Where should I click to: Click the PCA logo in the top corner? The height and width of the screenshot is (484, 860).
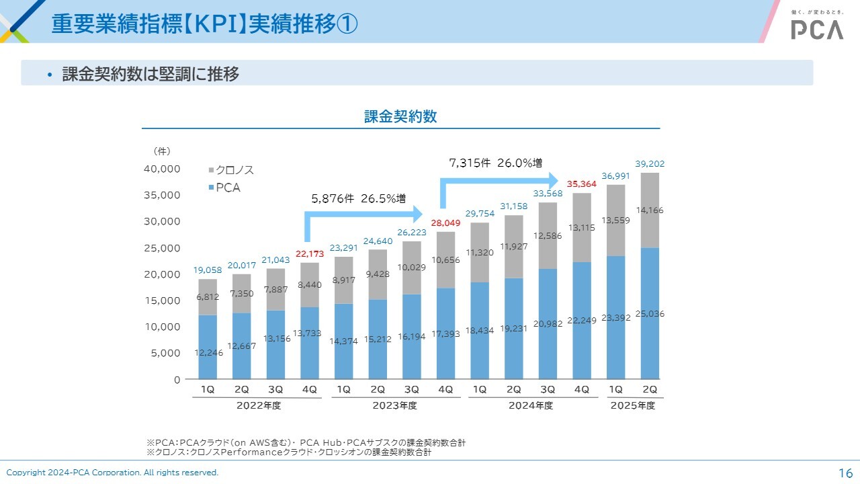[816, 28]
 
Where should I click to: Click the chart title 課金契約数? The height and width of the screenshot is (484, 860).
[400, 116]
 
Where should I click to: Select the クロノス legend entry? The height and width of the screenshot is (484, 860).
[230, 171]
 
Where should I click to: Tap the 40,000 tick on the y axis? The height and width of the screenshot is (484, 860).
[162, 169]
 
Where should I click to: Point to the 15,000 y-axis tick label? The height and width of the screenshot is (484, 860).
[162, 300]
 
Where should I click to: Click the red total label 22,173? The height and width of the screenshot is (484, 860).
[310, 253]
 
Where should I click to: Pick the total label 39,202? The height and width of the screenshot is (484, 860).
[650, 163]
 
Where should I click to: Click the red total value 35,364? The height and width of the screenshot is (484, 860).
[581, 184]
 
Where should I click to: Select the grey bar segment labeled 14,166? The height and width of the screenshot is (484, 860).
[650, 210]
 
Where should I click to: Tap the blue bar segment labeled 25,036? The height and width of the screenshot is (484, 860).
[650, 313]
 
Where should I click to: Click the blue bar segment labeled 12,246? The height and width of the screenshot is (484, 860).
[208, 347]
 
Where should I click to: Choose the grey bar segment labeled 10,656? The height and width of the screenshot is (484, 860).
[445, 260]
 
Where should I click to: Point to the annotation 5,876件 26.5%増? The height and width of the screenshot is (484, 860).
[358, 199]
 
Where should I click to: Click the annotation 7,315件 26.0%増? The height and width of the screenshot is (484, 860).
[495, 163]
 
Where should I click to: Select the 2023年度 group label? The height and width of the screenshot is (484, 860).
[394, 405]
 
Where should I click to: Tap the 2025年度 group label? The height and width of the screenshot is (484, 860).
[632, 405]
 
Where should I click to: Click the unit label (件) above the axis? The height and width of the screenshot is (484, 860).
[162, 151]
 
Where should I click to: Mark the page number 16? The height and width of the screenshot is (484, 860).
[845, 473]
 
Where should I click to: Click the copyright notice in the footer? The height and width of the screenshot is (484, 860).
[113, 473]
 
